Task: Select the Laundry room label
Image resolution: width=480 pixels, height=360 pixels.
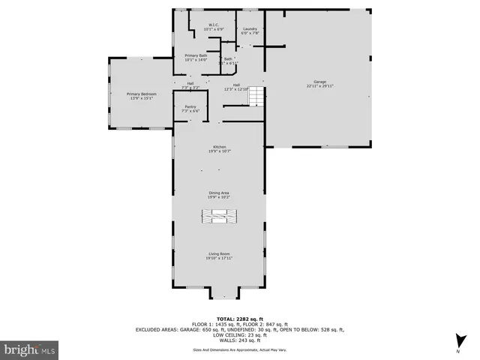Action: click(x=250, y=28)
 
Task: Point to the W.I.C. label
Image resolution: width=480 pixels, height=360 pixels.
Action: click(x=213, y=25)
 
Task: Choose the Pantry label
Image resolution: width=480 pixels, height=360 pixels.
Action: click(x=190, y=106)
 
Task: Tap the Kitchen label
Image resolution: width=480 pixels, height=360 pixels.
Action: click(x=219, y=147)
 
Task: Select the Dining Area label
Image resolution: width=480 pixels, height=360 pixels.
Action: click(x=219, y=193)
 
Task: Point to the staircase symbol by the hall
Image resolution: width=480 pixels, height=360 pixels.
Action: click(x=257, y=95)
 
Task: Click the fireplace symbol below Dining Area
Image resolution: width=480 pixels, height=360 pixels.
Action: click(x=219, y=217)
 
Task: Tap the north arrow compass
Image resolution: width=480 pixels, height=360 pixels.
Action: click(x=457, y=347)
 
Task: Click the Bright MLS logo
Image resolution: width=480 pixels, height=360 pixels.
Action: click(x=30, y=349)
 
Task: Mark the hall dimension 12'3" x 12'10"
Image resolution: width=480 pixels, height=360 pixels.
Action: click(x=236, y=89)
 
